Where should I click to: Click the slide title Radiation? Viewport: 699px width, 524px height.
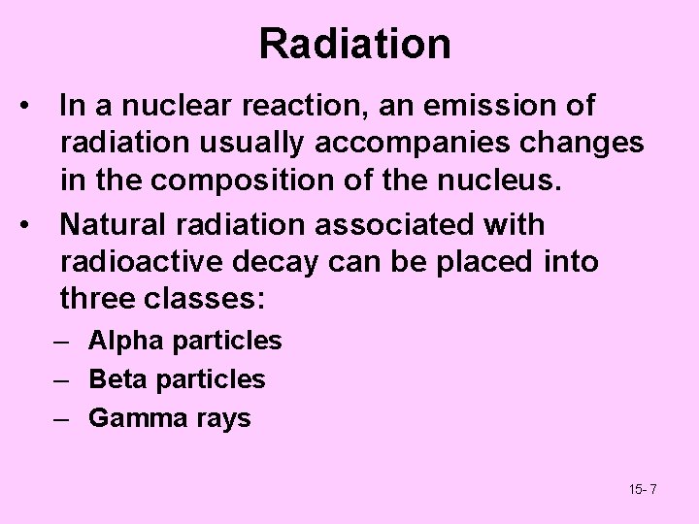tap(354, 45)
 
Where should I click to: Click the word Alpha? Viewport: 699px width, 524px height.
tap(118, 341)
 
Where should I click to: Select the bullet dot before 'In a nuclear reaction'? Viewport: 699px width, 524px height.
tap(35, 105)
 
